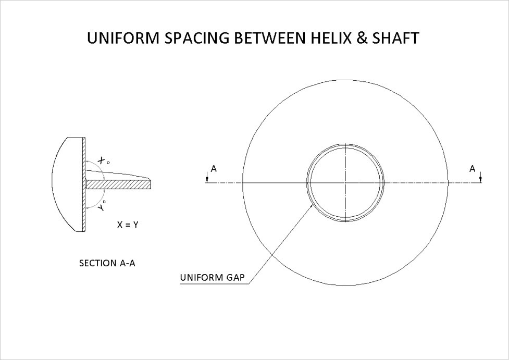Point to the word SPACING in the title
pos(190,39)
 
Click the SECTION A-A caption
pos(107,263)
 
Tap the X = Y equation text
pos(128,225)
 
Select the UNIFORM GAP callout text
pos(212,277)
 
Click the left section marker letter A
pos(214,168)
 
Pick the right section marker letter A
pos(473,168)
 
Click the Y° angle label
pos(103,205)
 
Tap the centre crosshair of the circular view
pos(345,182)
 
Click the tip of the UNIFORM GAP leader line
pos(312,205)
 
